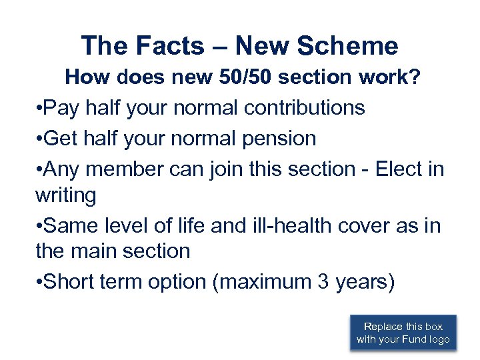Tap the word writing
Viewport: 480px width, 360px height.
coord(65,195)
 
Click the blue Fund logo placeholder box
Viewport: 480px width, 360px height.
coord(403,333)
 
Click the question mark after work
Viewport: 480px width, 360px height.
coord(415,77)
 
